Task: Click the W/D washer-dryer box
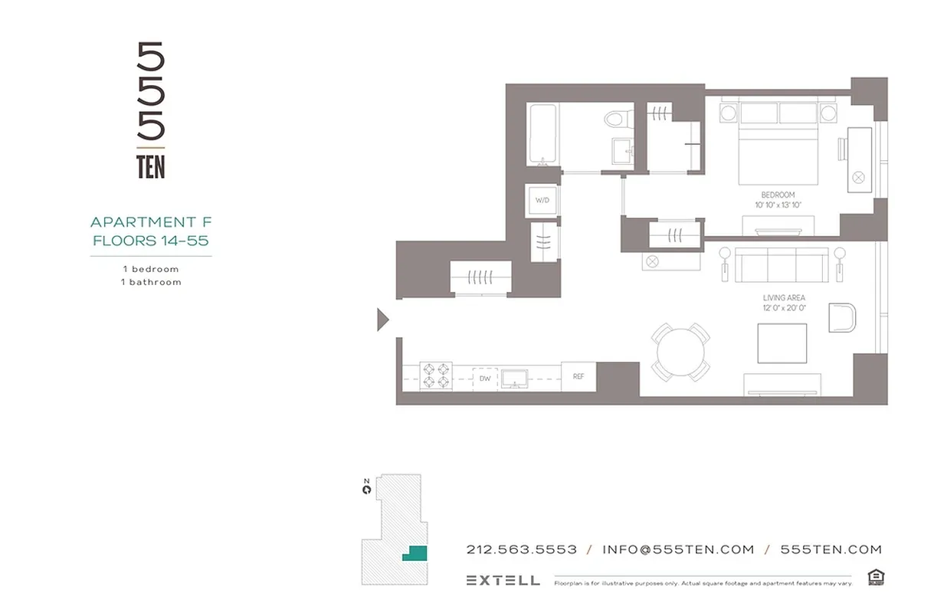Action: click(542, 200)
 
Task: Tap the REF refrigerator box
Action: click(578, 376)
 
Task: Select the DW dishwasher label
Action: click(485, 379)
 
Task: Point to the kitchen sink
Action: click(513, 378)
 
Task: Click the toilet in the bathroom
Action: click(616, 120)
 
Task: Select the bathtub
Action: click(543, 135)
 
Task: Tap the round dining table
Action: click(680, 352)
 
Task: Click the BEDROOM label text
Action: click(778, 195)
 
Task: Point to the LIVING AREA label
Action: click(784, 297)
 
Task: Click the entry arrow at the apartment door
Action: click(383, 320)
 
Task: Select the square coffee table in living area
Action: click(782, 343)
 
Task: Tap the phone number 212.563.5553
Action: click(521, 549)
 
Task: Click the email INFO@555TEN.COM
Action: click(678, 549)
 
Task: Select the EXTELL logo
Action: click(503, 580)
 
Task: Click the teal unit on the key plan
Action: click(415, 553)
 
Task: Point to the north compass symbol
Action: click(367, 486)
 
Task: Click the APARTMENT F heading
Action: click(151, 222)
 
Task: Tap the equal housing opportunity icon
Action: click(875, 577)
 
